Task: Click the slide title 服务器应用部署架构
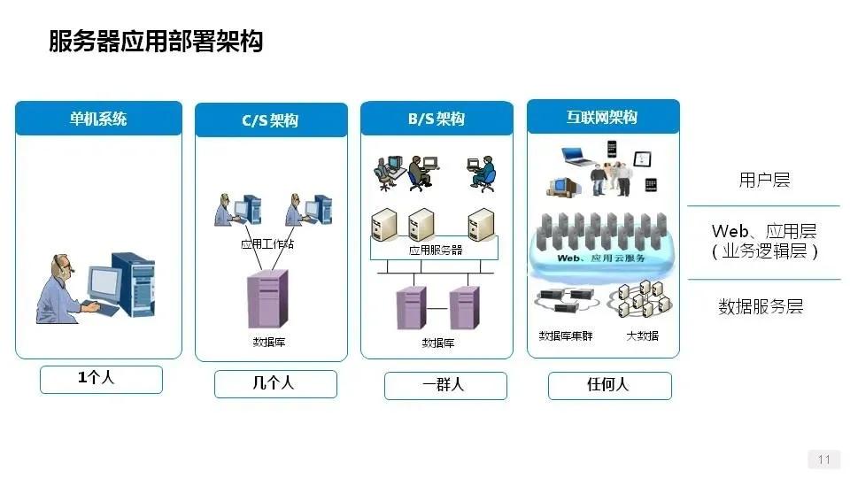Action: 156,41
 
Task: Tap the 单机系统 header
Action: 98,118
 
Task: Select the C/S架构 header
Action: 270,119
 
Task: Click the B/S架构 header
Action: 436,118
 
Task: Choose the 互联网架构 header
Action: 602,116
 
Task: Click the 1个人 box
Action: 101,379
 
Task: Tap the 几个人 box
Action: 274,383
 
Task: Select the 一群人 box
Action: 444,385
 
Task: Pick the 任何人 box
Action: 609,385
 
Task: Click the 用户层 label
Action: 764,181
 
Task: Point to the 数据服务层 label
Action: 761,307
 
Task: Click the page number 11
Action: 824,459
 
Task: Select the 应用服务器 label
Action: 436,250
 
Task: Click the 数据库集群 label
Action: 566,335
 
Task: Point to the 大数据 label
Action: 642,335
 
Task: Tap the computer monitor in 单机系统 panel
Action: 104,283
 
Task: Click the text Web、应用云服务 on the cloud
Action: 601,258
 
